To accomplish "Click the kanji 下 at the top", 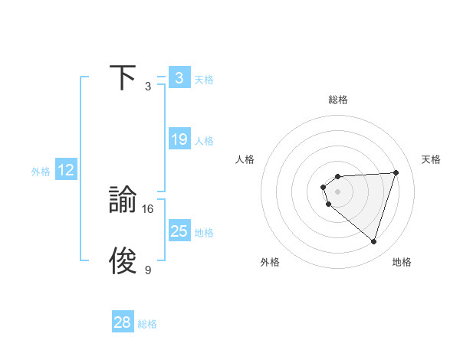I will pos(123,77).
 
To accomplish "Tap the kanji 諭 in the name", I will pos(123,201).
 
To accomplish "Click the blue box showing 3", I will pos(179,77).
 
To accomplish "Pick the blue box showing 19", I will pos(179,139).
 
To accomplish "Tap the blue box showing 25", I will pos(179,231).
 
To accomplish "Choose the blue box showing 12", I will pos(65,170).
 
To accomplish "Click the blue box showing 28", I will pos(122,322).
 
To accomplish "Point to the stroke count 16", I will pos(148,208).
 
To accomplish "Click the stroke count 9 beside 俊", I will pos(148,270).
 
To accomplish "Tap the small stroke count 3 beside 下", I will pos(148,87).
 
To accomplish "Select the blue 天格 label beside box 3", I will pos(204,79).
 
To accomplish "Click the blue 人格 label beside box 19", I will pos(204,141).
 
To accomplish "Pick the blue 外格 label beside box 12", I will pos(41,172).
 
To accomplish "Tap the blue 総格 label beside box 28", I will pos(147,324).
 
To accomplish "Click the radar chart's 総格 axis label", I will pos(337,100).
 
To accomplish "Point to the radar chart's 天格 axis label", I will pos(431,159).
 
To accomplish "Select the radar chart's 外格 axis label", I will pos(270,262).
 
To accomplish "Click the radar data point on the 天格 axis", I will pos(396,172).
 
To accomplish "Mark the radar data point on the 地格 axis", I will pos(373,241).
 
